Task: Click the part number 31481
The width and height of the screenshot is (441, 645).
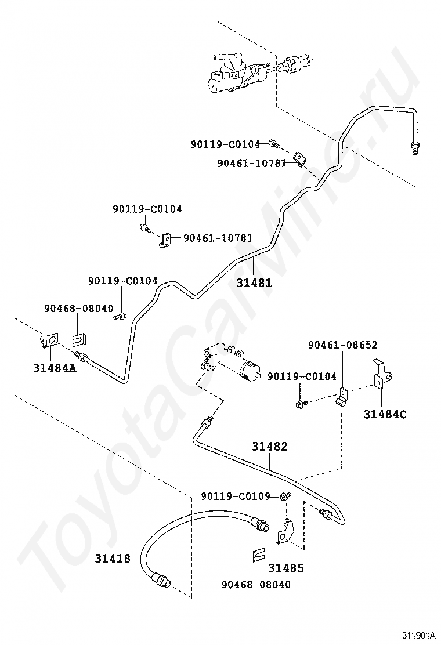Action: click(254, 282)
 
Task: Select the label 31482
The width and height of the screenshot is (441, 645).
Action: click(270, 446)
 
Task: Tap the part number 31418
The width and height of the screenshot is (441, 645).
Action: click(113, 558)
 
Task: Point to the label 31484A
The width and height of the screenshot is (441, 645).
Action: click(55, 367)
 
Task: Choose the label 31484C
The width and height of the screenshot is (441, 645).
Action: click(385, 414)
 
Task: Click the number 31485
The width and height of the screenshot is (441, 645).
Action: click(286, 568)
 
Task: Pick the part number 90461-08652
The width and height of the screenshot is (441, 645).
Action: click(343, 345)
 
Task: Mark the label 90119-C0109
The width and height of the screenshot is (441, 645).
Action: click(236, 497)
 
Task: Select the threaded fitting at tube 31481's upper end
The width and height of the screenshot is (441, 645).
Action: click(415, 147)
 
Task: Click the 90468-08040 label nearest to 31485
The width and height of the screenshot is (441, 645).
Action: click(256, 585)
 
